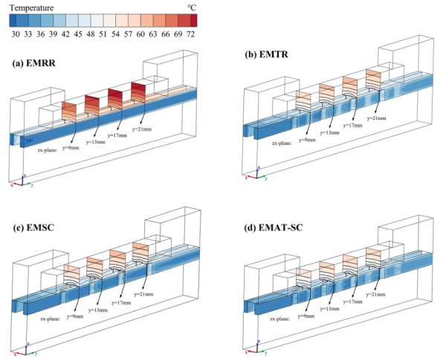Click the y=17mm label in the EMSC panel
(x=123, y=300)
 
